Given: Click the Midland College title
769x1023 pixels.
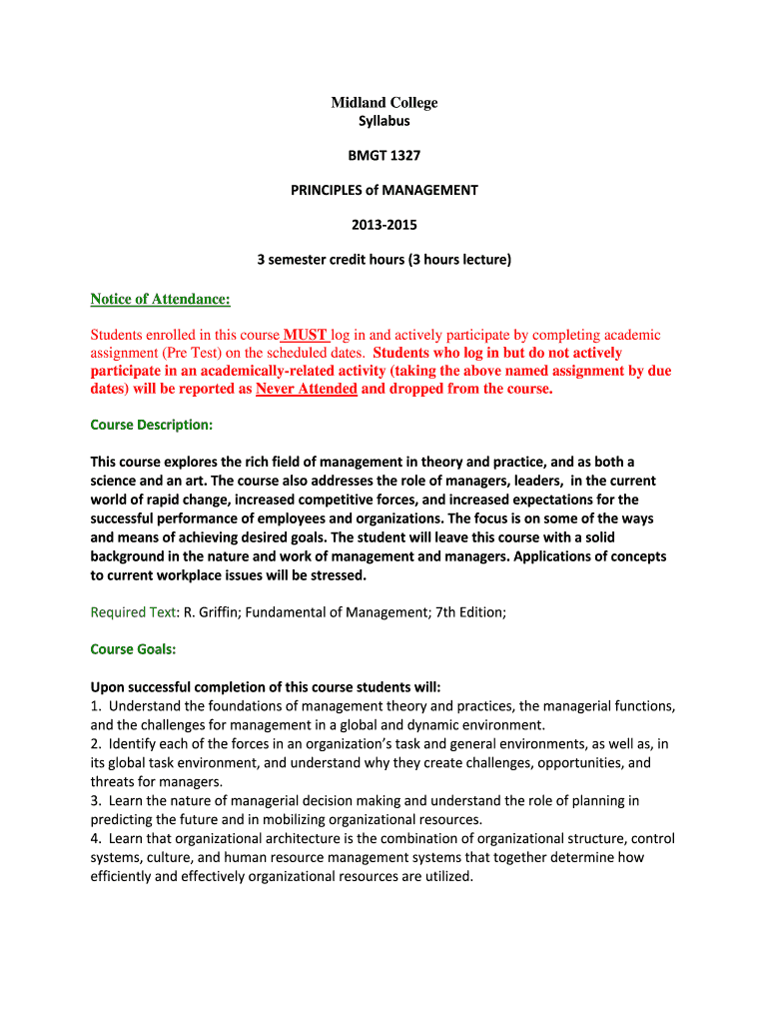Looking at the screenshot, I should coord(384,103).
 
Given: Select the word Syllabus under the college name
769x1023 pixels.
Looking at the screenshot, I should coord(384,122).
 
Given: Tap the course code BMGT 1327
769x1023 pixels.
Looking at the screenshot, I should coord(384,156).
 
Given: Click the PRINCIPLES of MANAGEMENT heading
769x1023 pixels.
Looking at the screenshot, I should coord(384,190).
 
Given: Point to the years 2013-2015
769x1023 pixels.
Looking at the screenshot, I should coord(384,225).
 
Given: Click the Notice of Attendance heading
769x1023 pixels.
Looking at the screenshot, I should coord(160,299).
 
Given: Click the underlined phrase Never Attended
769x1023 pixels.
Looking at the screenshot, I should coord(306,389).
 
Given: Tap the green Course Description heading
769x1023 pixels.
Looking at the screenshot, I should coord(151,425).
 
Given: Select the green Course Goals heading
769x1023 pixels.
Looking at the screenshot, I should coord(133,649).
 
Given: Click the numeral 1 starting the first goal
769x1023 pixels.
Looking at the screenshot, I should coord(95,706).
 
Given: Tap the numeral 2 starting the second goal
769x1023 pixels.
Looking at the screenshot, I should coord(95,744).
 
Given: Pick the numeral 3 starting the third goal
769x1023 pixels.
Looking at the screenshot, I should coord(95,800).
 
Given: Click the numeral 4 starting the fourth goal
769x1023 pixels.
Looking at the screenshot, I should coord(95,838).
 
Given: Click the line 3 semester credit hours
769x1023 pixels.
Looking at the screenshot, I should coord(384,260).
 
